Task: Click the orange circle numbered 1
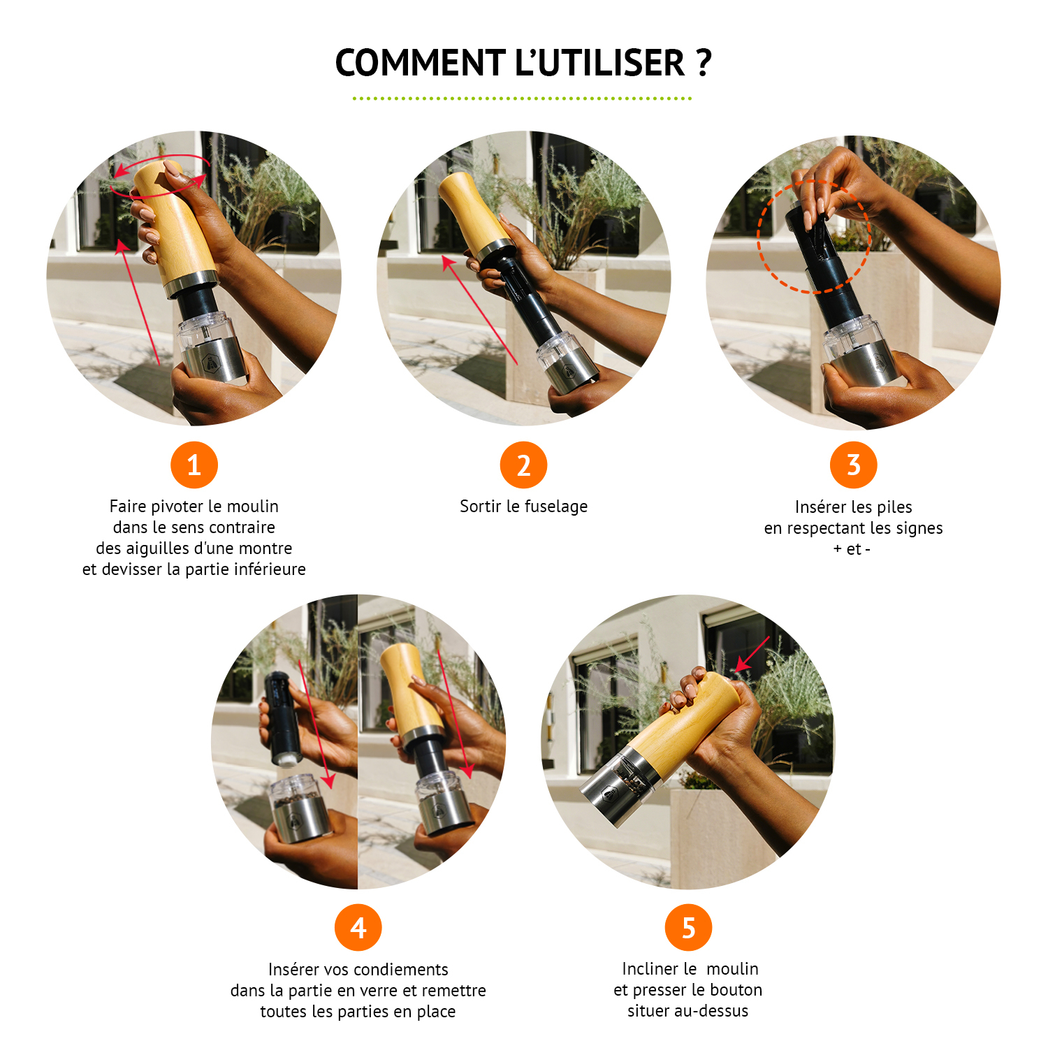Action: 194,465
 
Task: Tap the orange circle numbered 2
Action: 523,465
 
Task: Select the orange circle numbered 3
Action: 853,465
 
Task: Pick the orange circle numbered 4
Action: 358,928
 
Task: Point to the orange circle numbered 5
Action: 688,928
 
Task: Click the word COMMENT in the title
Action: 420,63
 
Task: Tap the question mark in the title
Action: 704,63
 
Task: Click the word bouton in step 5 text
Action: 733,990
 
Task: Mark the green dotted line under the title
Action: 522,99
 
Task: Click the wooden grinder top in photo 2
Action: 472,213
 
